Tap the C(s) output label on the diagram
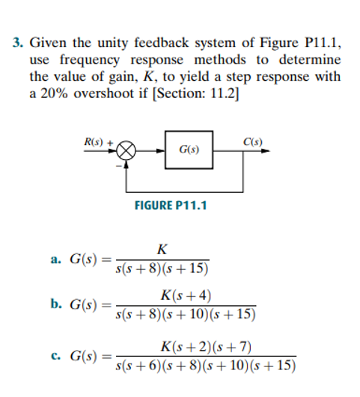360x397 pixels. click(252, 141)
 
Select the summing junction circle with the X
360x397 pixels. click(127, 152)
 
